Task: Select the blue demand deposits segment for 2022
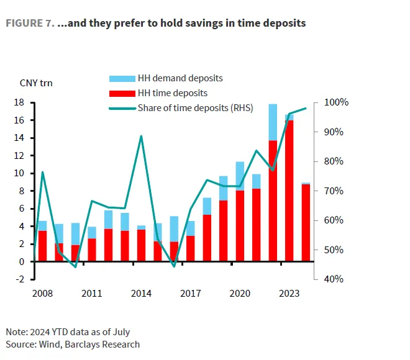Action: tap(273, 122)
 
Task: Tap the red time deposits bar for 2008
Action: tap(42, 246)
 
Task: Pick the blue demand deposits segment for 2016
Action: tap(174, 229)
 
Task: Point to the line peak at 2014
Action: tap(142, 136)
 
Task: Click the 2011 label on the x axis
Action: tap(92, 292)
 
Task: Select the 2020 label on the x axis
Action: tap(240, 292)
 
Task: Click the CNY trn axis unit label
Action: tap(36, 83)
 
